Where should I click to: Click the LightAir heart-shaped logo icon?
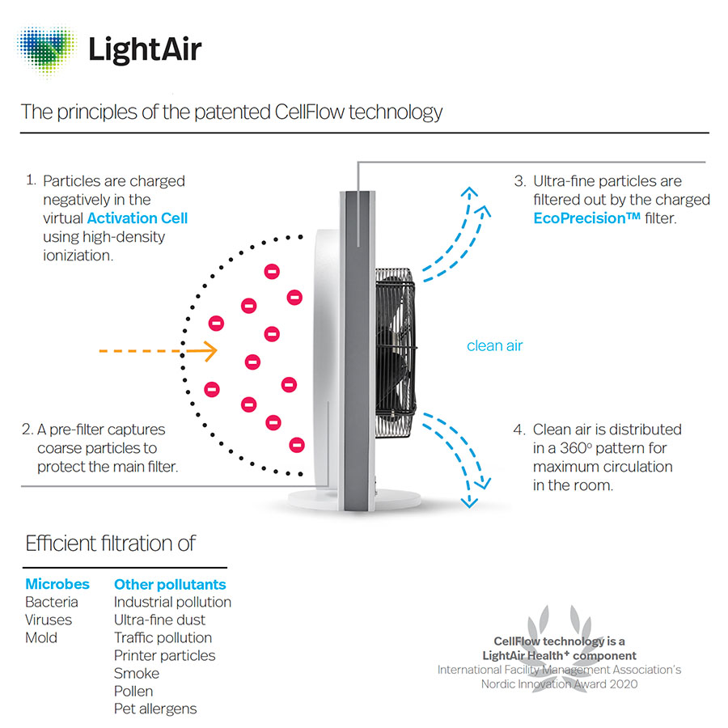pyautogui.click(x=46, y=50)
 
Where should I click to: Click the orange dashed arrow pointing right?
pyautogui.click(x=158, y=350)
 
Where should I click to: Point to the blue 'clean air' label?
pyautogui.click(x=494, y=345)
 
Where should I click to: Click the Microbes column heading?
pyautogui.click(x=57, y=584)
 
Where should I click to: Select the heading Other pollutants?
pyautogui.click(x=170, y=584)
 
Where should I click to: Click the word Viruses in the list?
pyautogui.click(x=49, y=620)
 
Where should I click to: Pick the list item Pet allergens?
pyautogui.click(x=155, y=709)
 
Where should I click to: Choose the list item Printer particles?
pyautogui.click(x=164, y=655)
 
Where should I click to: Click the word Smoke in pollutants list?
pyautogui.click(x=137, y=673)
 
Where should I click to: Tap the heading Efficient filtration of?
pyautogui.click(x=110, y=543)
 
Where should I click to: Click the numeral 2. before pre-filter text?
pyautogui.click(x=28, y=430)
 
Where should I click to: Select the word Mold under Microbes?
pyautogui.click(x=41, y=637)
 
